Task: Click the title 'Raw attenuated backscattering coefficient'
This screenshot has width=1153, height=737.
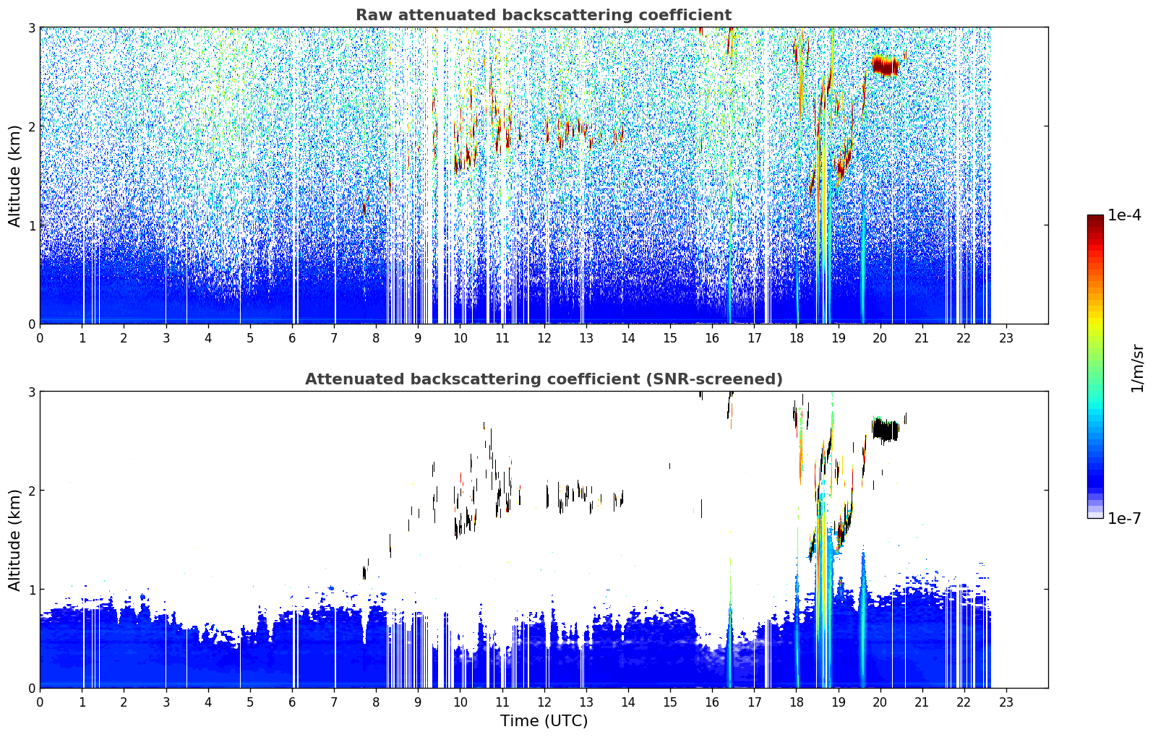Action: [544, 15]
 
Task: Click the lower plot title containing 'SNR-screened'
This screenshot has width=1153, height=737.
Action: [544, 379]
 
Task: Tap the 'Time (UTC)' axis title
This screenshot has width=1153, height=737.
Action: [544, 721]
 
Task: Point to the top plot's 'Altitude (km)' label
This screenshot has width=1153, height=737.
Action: [14, 176]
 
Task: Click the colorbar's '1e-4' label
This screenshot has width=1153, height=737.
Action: [1124, 215]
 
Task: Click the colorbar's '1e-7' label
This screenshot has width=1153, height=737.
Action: [1124, 518]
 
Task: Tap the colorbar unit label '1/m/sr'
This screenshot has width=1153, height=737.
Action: [1137, 369]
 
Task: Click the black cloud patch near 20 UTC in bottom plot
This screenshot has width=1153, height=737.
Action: [886, 430]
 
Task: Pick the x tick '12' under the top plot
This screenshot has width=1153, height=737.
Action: [544, 338]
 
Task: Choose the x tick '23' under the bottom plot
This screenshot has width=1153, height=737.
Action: [1006, 702]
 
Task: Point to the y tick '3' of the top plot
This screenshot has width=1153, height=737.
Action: [31, 27]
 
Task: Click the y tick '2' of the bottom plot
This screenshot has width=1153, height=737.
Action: [31, 491]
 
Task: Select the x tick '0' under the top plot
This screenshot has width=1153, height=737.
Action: [40, 338]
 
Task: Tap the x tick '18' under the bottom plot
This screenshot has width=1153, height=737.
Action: [797, 702]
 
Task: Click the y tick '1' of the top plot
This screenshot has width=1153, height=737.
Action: [31, 225]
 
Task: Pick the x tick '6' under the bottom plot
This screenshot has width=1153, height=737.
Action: [292, 702]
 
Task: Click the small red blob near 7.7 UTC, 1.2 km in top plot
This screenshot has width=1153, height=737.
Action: [364, 208]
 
